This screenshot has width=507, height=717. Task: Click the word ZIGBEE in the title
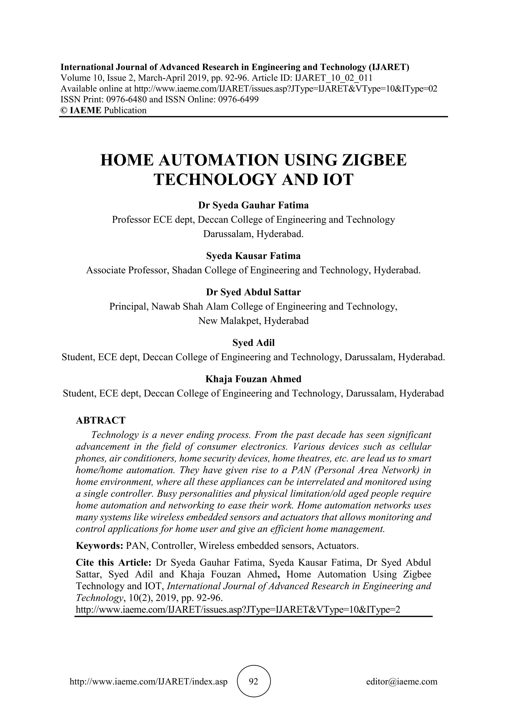(375, 160)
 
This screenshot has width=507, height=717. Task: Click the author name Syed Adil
(253, 343)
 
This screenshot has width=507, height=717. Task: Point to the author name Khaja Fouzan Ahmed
(253, 379)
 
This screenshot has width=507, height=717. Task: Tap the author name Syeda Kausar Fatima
(253, 256)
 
